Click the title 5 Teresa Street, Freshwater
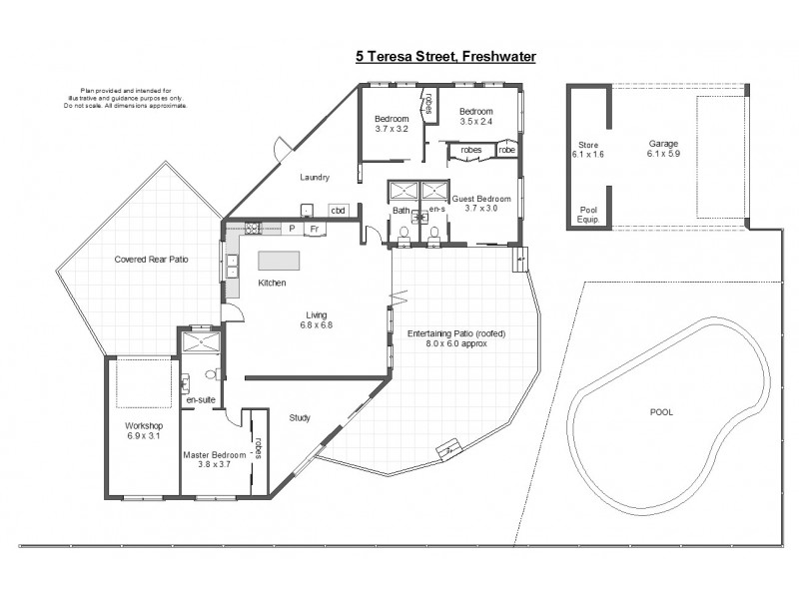pyautogui.click(x=445, y=57)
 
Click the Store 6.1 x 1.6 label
pyautogui.click(x=587, y=150)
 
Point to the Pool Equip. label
pyautogui.click(x=588, y=214)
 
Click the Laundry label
pyautogui.click(x=315, y=178)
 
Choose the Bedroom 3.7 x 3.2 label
pyautogui.click(x=392, y=124)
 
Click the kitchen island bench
pyautogui.click(x=279, y=260)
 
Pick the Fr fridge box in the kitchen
pyautogui.click(x=313, y=229)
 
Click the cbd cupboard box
pyautogui.click(x=338, y=211)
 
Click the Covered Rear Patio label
pyautogui.click(x=152, y=259)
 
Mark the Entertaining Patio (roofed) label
pyautogui.click(x=457, y=337)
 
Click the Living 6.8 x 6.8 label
pyautogui.click(x=316, y=318)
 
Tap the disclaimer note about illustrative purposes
pyautogui.click(x=125, y=97)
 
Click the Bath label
pyautogui.click(x=400, y=211)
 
